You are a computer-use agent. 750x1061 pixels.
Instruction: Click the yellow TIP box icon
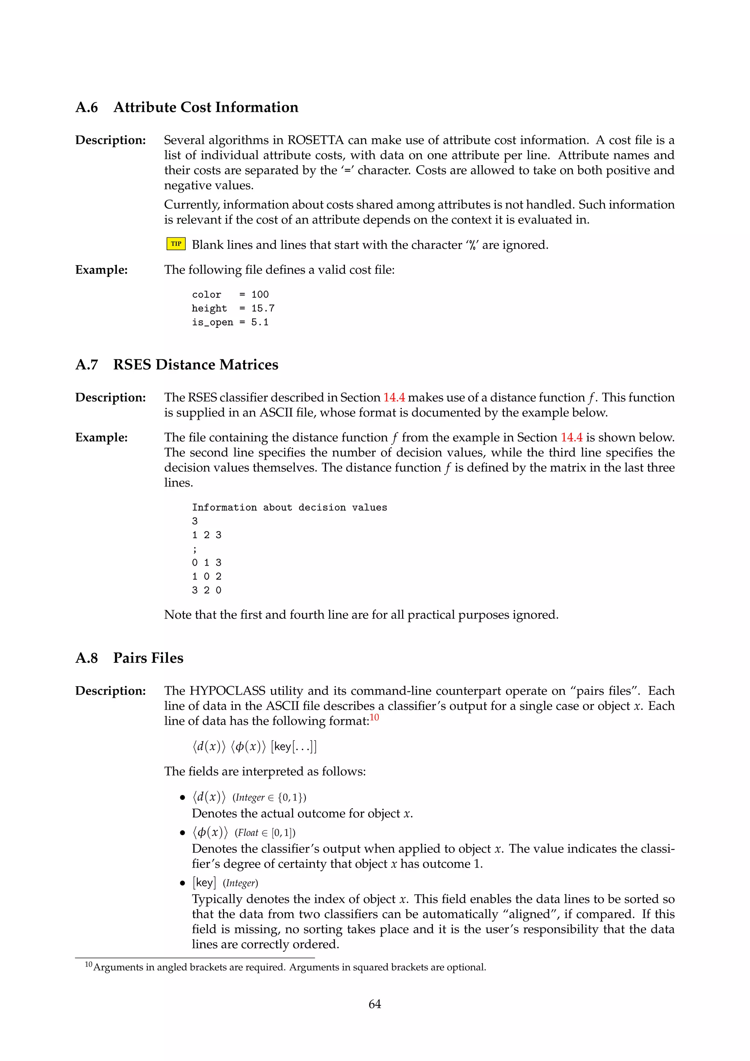pos(176,244)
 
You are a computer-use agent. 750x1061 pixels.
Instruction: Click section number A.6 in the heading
pos(86,108)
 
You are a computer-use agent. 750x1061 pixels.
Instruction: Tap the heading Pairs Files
pos(148,658)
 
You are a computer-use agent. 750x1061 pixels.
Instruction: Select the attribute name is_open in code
pos(212,322)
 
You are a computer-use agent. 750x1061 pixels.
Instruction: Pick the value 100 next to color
pos(260,294)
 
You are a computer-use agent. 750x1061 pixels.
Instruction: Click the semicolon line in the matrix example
pos(195,549)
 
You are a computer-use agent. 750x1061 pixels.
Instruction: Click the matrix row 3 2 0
pos(207,590)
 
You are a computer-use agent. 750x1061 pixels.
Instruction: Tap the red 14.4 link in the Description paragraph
pos(394,398)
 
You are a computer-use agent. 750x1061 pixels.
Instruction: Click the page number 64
pos(375,1004)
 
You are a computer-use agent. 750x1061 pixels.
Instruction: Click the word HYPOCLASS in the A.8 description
pos(227,691)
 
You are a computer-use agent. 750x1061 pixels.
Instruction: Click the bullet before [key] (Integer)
pos(182,883)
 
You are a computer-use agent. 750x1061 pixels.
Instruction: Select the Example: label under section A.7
pos(101,437)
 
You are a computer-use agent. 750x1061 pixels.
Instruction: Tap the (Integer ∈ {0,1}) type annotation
pos(269,798)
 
